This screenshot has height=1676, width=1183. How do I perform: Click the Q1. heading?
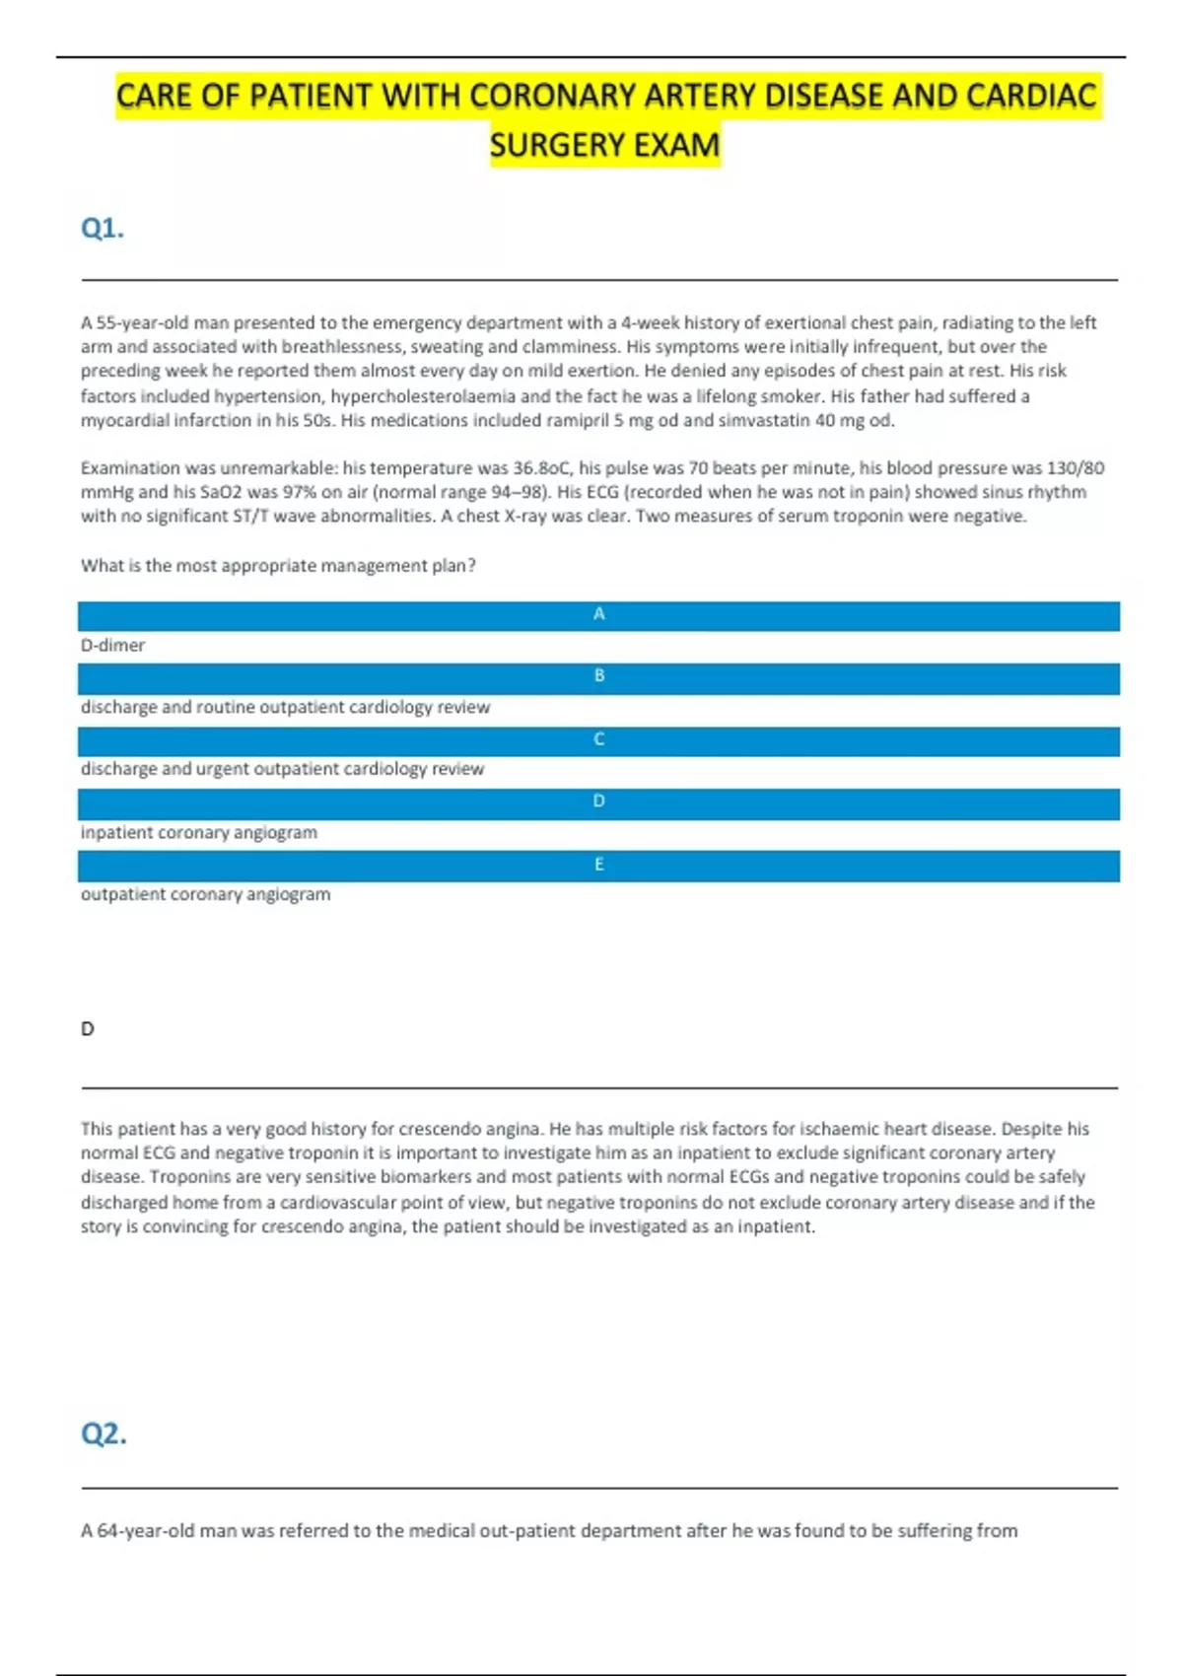[x=103, y=229]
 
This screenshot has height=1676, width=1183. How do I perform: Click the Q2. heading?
[x=104, y=1432]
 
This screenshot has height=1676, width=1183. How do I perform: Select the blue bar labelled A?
[x=598, y=615]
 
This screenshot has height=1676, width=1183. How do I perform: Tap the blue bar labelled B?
[x=598, y=677]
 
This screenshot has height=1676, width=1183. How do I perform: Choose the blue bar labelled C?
[x=598, y=740]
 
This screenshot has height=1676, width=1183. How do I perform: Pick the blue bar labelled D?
[x=598, y=803]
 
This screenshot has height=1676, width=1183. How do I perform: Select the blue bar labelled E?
[x=598, y=866]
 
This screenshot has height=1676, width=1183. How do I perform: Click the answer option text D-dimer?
[x=112, y=646]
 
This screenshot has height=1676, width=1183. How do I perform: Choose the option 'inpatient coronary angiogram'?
[x=199, y=833]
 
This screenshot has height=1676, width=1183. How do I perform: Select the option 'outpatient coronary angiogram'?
[x=205, y=895]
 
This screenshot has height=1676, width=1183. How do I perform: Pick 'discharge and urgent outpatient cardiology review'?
[x=282, y=769]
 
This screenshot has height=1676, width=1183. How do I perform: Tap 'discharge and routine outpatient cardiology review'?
[x=285, y=708]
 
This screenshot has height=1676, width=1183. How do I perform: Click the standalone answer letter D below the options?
[x=88, y=1029]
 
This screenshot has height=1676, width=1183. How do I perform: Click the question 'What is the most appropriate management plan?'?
[x=278, y=566]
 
